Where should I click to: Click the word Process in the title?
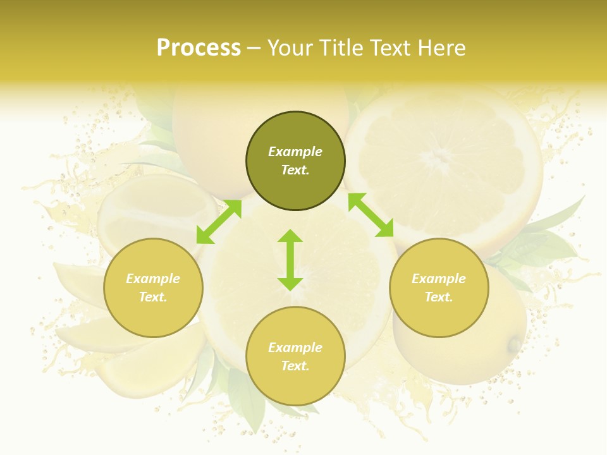point(199,48)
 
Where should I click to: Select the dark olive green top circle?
point(295,161)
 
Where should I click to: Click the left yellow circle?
point(153,288)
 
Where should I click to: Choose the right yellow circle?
point(439,288)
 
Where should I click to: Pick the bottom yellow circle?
point(295,356)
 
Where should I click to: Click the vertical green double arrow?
point(290,260)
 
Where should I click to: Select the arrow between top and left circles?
point(219,222)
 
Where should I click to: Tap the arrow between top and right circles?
point(371,215)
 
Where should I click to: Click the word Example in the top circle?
point(295,152)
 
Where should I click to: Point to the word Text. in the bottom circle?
point(295,366)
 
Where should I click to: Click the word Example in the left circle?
point(153,279)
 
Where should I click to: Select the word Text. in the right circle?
point(439,297)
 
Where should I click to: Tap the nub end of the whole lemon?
point(515,344)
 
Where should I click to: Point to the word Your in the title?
point(288,48)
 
